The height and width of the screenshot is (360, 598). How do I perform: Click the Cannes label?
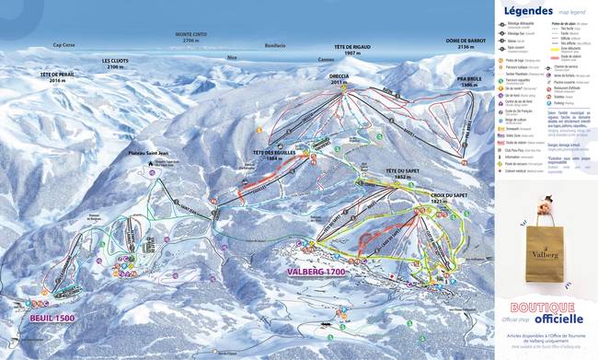pyautogui.click(x=300, y=58)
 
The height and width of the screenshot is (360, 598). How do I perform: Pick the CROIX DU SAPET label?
pyautogui.click(x=448, y=196)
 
